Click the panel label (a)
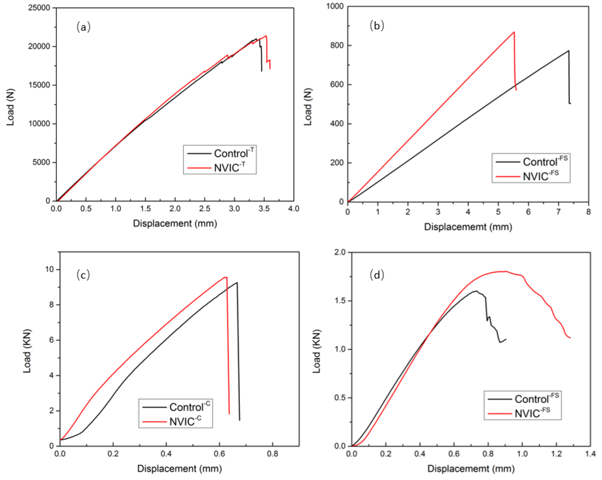coord(83,27)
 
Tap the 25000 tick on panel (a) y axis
coord(39,8)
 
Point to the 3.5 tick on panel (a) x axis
coord(264,208)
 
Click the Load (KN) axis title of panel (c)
coord(27,351)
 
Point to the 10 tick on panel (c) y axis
coord(49,269)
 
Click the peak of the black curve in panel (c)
coord(237,282)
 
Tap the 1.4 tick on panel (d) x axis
coord(590,454)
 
